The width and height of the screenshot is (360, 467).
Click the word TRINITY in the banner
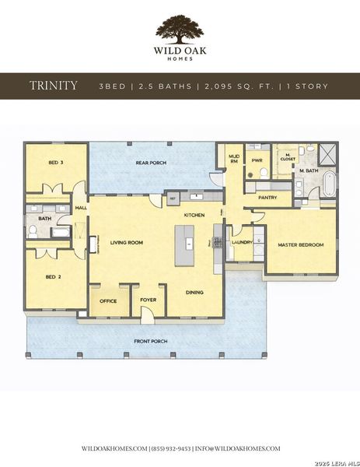click(54, 86)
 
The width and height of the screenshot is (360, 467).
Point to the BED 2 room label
click(52, 276)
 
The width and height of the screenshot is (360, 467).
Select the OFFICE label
click(108, 301)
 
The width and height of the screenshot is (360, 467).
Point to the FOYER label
click(148, 300)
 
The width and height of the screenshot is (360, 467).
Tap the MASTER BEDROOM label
click(300, 245)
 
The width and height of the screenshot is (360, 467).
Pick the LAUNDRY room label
click(242, 242)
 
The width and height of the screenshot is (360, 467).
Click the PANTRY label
click(267, 198)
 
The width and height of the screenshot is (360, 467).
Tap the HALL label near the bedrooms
click(80, 208)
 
